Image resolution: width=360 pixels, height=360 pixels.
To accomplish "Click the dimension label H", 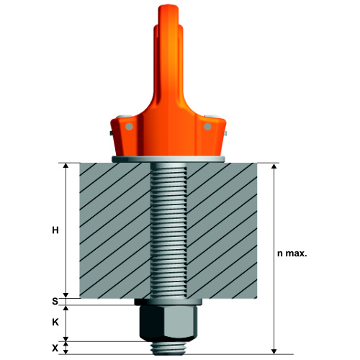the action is point(55,230).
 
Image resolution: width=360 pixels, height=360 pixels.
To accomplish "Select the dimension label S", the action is point(55,301).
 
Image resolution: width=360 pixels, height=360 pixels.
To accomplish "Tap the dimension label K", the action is point(55,323).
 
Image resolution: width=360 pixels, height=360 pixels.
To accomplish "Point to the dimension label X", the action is point(55,348).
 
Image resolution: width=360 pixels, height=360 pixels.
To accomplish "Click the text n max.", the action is point(292,253).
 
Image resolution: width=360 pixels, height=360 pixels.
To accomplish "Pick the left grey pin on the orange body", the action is point(129,126).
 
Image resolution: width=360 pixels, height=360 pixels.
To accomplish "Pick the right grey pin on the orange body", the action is point(207,126).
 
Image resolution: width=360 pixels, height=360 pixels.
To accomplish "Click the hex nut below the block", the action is point(168,323).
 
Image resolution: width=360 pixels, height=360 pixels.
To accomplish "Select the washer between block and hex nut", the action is point(168,302).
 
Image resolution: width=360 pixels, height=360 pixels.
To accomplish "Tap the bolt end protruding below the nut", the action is point(168,348).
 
